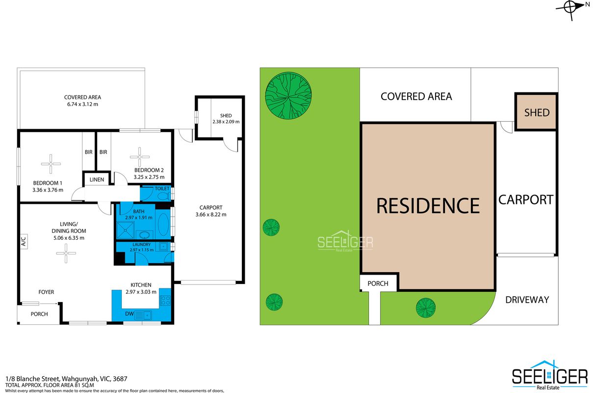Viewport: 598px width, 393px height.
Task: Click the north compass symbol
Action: pyautogui.click(x=572, y=8)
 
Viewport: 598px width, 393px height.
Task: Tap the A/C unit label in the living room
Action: pyautogui.click(x=24, y=241)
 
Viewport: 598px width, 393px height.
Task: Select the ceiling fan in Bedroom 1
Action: pyautogui.click(x=51, y=164)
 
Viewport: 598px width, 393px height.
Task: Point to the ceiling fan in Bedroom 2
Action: pyautogui.click(x=140, y=157)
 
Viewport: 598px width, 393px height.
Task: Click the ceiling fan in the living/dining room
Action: pyautogui.click(x=66, y=253)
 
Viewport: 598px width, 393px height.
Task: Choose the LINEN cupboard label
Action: pyautogui.click(x=97, y=180)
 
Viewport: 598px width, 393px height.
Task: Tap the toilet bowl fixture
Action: pyautogui.click(x=164, y=196)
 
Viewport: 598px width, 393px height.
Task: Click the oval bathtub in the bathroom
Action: pyautogui.click(x=163, y=225)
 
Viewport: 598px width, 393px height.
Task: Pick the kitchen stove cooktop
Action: pyautogui.click(x=165, y=300)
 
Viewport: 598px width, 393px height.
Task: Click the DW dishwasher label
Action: pyautogui.click(x=129, y=313)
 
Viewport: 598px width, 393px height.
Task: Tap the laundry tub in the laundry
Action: pyautogui.click(x=163, y=246)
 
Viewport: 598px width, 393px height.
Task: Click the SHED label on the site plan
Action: pyautogui.click(x=537, y=112)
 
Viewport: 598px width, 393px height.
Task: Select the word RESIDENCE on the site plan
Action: pyautogui.click(x=428, y=206)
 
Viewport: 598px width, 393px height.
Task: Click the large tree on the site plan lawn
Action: pyautogui.click(x=288, y=95)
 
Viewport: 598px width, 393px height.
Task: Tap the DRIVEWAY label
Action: pyautogui.click(x=527, y=300)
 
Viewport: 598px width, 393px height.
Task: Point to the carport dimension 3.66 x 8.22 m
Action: pyautogui.click(x=211, y=214)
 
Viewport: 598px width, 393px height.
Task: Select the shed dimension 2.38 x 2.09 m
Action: pyautogui.click(x=226, y=122)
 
